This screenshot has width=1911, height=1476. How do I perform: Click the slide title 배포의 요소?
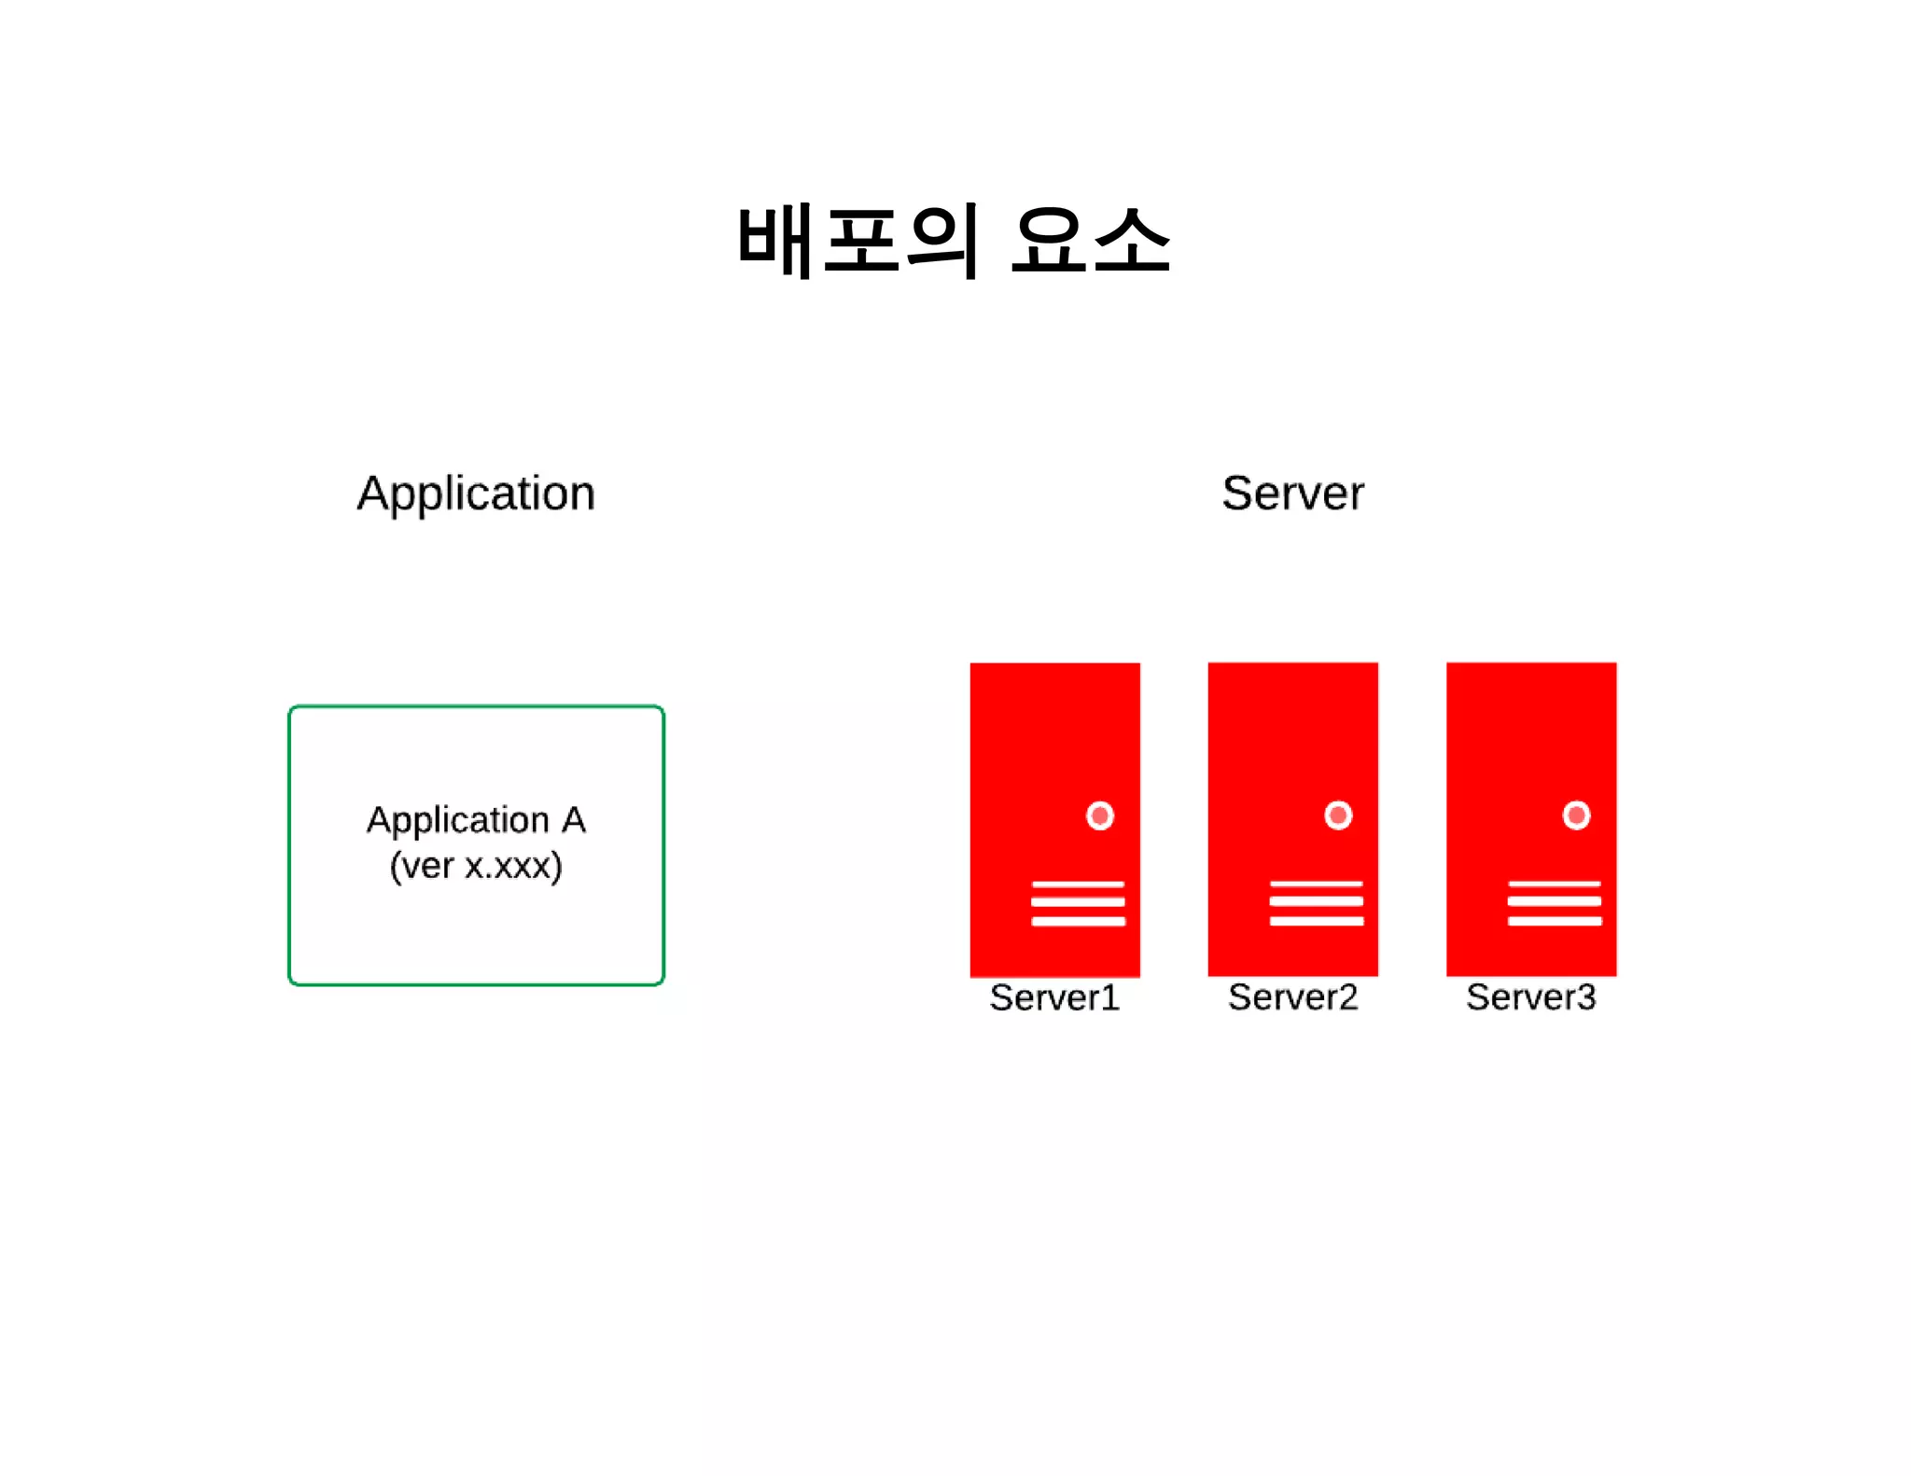tap(954, 241)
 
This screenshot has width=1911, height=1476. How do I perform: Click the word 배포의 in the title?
tap(858, 241)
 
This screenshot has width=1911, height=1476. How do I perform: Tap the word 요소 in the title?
tap(1091, 241)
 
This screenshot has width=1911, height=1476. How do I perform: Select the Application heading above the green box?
tap(476, 493)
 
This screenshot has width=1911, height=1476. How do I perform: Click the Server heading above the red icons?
tap(1292, 493)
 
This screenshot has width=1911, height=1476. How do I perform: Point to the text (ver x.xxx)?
tap(476, 866)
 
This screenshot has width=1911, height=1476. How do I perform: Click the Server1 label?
tap(1054, 997)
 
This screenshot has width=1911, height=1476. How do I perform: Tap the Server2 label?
tap(1292, 997)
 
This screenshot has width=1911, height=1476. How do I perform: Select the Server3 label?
tap(1530, 997)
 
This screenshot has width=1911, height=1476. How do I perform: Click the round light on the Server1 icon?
tap(1100, 815)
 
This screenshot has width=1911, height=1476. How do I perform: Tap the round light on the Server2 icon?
tap(1338, 815)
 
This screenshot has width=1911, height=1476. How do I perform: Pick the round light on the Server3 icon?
tap(1576, 815)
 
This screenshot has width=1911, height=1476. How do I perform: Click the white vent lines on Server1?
tap(1078, 902)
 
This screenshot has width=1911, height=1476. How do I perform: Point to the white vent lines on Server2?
tap(1316, 902)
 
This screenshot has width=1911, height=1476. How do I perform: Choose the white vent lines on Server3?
tap(1555, 902)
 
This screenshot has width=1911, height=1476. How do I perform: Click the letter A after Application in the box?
tap(573, 820)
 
